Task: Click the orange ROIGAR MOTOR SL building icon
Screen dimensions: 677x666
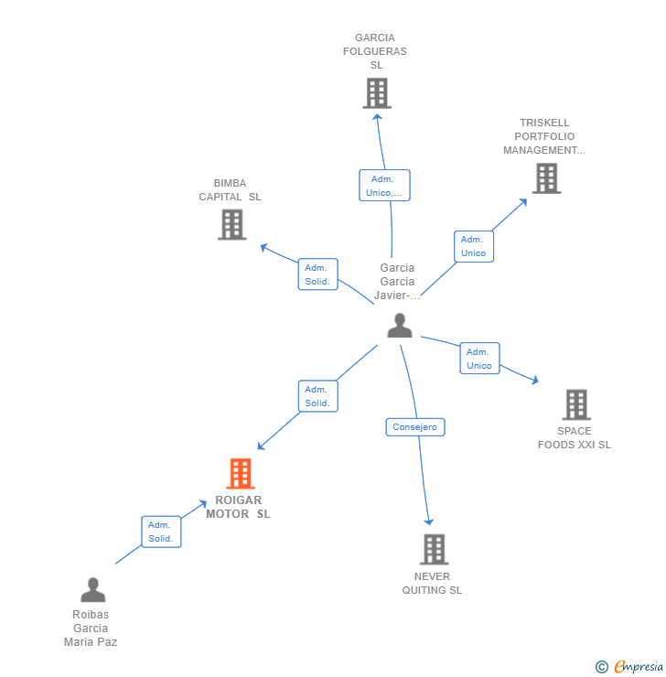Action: pyautogui.click(x=240, y=474)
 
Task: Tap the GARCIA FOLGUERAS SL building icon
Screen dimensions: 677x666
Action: pyautogui.click(x=376, y=93)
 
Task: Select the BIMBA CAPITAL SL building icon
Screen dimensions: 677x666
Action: pyautogui.click(x=232, y=224)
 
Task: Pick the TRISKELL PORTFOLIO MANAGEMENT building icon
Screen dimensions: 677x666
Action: pyautogui.click(x=546, y=178)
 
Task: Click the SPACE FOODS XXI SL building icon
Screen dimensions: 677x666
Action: pyautogui.click(x=575, y=404)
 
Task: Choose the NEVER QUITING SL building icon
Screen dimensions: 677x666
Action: pyautogui.click(x=434, y=549)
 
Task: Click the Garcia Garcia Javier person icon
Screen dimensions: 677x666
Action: pyautogui.click(x=400, y=326)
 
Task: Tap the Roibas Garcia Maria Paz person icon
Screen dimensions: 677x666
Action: pyautogui.click(x=92, y=590)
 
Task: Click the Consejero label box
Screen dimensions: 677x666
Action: pyautogui.click(x=415, y=427)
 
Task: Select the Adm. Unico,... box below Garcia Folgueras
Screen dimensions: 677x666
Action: pyautogui.click(x=384, y=185)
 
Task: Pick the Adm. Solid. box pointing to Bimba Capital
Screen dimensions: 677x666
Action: pyautogui.click(x=317, y=274)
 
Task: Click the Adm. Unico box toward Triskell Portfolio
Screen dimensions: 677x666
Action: pyautogui.click(x=473, y=246)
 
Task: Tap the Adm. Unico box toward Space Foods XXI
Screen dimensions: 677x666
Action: pyautogui.click(x=479, y=359)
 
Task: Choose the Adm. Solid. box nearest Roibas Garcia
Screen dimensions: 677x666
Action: pyautogui.click(x=161, y=532)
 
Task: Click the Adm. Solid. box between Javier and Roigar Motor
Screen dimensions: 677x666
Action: pyautogui.click(x=317, y=396)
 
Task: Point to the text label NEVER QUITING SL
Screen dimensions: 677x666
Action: pyautogui.click(x=432, y=584)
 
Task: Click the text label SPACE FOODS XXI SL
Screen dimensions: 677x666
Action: pyautogui.click(x=575, y=438)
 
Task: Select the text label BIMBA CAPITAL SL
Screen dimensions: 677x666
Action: pyautogui.click(x=231, y=190)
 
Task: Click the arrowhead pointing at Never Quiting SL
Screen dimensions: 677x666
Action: pyautogui.click(x=428, y=522)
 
